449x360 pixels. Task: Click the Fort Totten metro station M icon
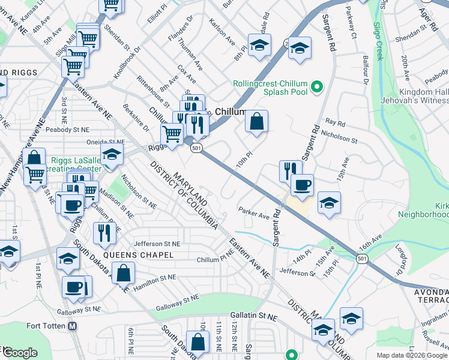click(x=73, y=326)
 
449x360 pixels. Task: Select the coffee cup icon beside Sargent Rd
click(x=301, y=184)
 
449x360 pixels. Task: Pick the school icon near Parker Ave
click(x=329, y=203)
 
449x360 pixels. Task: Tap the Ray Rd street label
click(x=335, y=123)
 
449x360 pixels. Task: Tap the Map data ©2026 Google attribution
click(x=412, y=355)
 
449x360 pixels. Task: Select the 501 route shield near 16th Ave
click(x=361, y=258)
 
